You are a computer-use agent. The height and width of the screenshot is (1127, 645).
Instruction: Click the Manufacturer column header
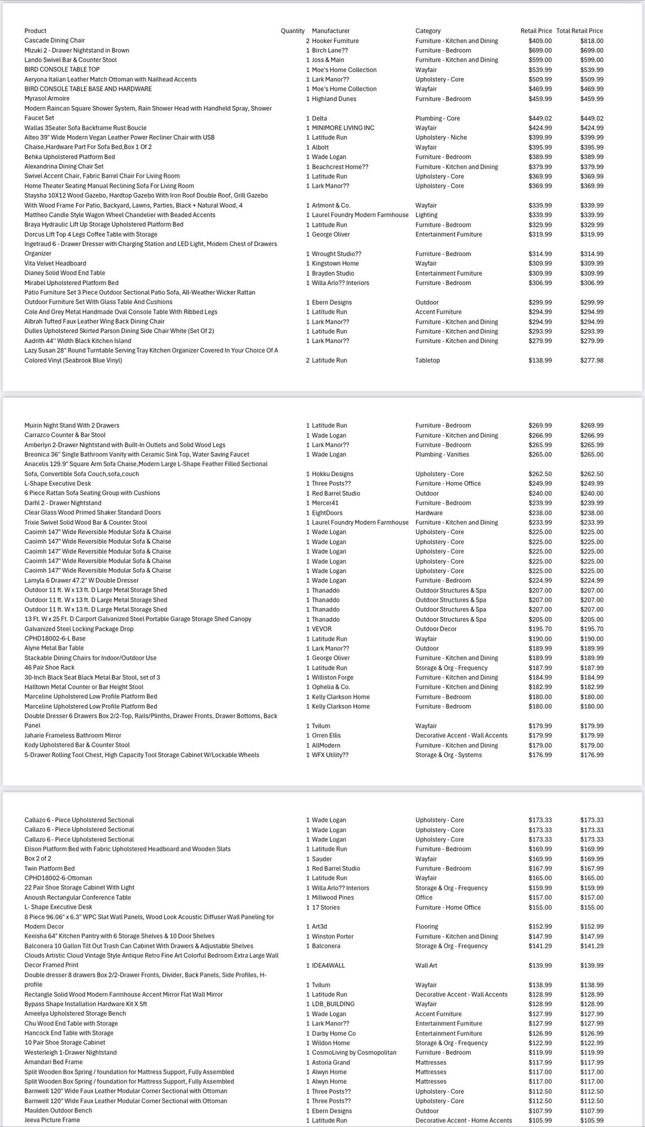point(330,31)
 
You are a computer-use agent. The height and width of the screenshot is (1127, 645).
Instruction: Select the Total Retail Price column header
point(579,31)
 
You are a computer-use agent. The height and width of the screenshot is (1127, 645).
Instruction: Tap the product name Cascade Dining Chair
point(54,41)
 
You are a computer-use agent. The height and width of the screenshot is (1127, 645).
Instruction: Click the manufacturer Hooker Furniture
point(335,41)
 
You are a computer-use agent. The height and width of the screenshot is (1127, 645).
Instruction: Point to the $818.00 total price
point(591,41)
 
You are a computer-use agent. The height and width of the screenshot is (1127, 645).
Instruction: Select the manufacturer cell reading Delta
point(319,118)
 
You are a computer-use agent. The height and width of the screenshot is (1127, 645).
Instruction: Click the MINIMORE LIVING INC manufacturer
point(343,128)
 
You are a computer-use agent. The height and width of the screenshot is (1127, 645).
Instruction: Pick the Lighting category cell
point(427,215)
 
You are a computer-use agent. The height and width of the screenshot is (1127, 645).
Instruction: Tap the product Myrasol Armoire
point(47,99)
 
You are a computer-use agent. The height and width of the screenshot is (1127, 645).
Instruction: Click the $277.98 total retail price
point(591,360)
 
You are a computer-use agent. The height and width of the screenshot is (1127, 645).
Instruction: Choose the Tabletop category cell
point(428,360)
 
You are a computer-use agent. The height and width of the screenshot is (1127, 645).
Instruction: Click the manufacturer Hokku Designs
point(332,474)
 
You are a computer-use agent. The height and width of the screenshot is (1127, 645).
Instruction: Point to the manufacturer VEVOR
point(321,629)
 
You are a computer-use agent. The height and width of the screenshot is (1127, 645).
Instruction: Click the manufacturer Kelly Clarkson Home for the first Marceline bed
point(341,697)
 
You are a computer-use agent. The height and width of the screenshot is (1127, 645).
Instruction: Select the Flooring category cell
point(427,927)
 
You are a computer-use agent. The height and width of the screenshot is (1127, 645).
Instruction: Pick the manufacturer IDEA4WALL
point(329,965)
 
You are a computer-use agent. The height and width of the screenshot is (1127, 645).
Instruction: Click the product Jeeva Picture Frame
point(52,1120)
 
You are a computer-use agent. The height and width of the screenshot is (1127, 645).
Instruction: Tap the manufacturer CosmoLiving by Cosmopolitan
point(354,1052)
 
